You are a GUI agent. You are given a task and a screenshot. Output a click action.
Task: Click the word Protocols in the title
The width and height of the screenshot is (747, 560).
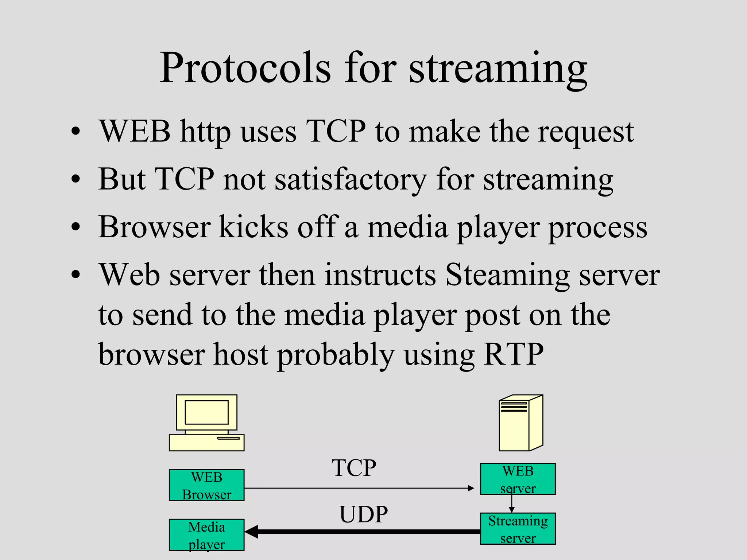[245, 69]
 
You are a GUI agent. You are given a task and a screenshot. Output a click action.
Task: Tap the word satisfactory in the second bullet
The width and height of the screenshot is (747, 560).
[351, 179]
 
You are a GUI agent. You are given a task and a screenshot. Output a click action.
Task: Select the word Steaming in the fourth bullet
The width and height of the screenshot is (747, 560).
[507, 275]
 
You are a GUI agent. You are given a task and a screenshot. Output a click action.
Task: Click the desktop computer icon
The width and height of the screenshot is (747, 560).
[206, 423]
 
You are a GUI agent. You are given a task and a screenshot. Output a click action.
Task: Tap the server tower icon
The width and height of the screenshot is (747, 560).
[521, 423]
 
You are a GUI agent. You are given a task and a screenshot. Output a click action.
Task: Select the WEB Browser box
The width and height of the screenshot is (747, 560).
[206, 485]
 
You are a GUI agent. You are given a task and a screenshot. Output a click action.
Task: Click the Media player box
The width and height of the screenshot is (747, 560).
[206, 535]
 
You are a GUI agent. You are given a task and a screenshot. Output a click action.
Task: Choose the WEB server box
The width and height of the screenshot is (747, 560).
[518, 479]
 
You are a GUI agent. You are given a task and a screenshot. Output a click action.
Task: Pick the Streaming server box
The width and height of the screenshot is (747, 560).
[518, 529]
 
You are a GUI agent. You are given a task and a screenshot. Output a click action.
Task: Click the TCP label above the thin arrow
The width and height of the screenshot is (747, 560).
[354, 468]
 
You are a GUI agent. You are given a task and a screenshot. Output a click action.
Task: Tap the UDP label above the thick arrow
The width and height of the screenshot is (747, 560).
[363, 514]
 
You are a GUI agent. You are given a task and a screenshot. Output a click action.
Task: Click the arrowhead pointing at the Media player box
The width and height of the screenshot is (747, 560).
[252, 532]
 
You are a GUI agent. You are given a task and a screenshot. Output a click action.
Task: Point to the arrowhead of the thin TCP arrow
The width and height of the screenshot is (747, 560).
[471, 488]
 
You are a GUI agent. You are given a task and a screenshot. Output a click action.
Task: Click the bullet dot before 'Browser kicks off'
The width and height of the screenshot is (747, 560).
[76, 227]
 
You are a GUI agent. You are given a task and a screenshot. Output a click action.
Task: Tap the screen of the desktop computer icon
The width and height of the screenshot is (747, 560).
[206, 412]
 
